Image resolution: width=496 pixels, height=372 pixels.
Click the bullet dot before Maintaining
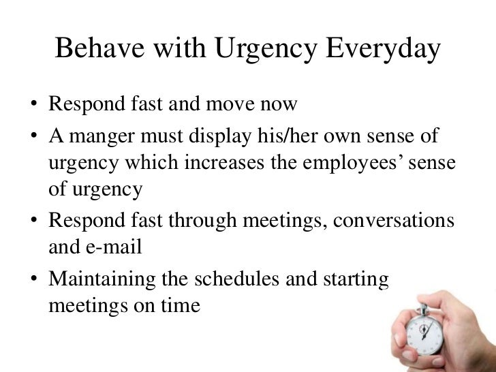pyautogui.click(x=33, y=277)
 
